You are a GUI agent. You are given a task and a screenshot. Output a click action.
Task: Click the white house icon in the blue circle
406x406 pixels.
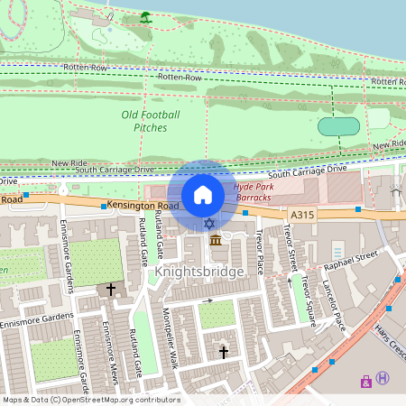coord(203,194)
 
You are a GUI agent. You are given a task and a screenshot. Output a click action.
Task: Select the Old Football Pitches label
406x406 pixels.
coord(151,121)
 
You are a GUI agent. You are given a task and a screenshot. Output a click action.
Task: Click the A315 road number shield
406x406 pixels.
coord(302,215)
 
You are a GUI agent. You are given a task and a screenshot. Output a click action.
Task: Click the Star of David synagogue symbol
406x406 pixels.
coord(209,223)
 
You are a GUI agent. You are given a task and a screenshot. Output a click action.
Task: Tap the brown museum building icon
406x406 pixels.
coord(216,239)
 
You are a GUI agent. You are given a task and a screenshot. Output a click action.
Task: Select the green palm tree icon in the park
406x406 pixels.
coord(145,17)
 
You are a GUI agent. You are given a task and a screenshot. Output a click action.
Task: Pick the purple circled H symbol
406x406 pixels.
coord(383,379)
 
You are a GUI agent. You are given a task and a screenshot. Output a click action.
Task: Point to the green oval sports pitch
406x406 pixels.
coord(338,126)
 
